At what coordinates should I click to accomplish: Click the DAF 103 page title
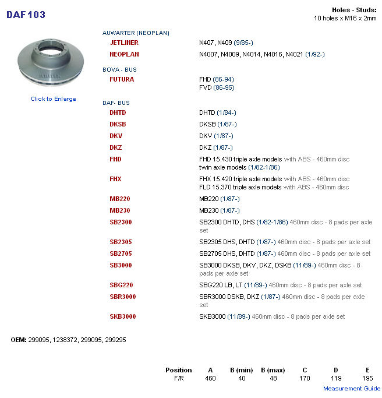click(x=26, y=15)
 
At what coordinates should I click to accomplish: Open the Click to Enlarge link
click(x=54, y=99)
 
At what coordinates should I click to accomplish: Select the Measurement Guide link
click(x=352, y=389)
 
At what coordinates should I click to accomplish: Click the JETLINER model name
click(x=124, y=43)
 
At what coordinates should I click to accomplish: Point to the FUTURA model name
click(x=122, y=79)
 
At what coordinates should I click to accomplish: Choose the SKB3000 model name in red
click(x=123, y=316)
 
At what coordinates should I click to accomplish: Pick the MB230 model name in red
click(x=120, y=210)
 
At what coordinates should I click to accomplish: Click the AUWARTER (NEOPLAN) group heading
click(x=136, y=33)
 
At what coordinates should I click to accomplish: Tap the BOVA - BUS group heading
click(x=119, y=69)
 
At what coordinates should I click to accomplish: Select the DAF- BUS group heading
click(x=116, y=103)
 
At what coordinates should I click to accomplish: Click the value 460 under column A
click(x=210, y=379)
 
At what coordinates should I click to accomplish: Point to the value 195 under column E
click(x=367, y=379)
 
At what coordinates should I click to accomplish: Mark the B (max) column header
click(x=273, y=370)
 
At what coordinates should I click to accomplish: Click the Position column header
click(x=178, y=370)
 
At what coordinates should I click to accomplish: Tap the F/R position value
click(x=178, y=379)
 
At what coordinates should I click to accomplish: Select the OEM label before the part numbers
click(x=19, y=339)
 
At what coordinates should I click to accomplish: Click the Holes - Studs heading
click(x=354, y=10)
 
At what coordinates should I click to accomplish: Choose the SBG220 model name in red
click(x=121, y=285)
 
